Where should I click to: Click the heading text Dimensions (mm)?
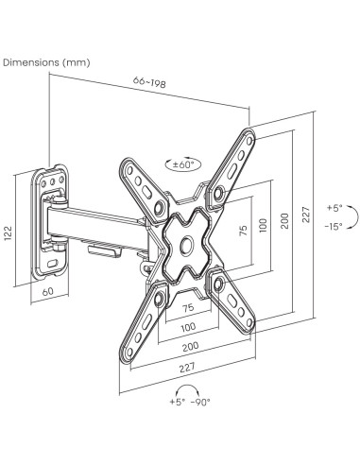46,62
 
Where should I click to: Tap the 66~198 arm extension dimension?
149,82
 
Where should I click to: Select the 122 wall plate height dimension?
9,233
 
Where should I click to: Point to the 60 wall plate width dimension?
48,291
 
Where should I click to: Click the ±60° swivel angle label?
182,164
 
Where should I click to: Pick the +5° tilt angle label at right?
334,208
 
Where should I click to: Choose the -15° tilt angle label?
334,226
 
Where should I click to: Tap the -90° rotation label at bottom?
200,402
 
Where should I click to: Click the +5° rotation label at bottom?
178,402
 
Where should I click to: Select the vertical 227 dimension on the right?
306,215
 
